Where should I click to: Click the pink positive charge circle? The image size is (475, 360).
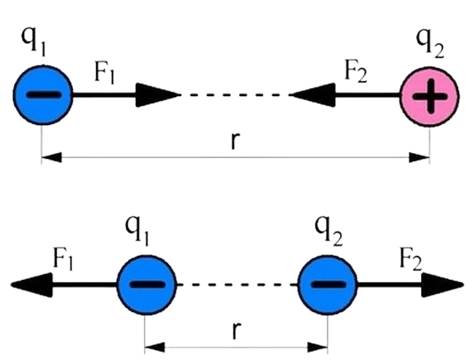pos(429,97)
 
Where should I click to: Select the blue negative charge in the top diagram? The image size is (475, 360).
pos(43,95)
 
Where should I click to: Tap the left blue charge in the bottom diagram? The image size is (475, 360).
pos(146,285)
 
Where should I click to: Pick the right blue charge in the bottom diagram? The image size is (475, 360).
pos(328,285)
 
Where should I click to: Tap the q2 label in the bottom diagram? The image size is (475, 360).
pos(329,231)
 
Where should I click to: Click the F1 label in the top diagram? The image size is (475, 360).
pos(105,74)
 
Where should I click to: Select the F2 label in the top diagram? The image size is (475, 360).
pos(356,72)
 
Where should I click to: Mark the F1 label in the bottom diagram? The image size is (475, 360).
pos(63,259)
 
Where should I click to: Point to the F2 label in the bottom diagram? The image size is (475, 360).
pos(410,259)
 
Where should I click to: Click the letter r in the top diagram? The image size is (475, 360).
pos(235,142)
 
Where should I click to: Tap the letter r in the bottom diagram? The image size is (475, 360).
pos(237,331)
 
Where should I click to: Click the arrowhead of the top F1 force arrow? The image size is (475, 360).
pos(158,95)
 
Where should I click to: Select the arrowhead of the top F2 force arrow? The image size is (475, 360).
pos(312,95)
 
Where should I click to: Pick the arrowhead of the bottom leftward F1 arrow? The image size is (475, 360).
pos(31,285)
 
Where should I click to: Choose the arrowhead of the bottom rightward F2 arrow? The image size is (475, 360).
pos(443,285)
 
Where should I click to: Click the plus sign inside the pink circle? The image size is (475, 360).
pos(429,97)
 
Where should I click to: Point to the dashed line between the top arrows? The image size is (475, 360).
pos(235,95)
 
